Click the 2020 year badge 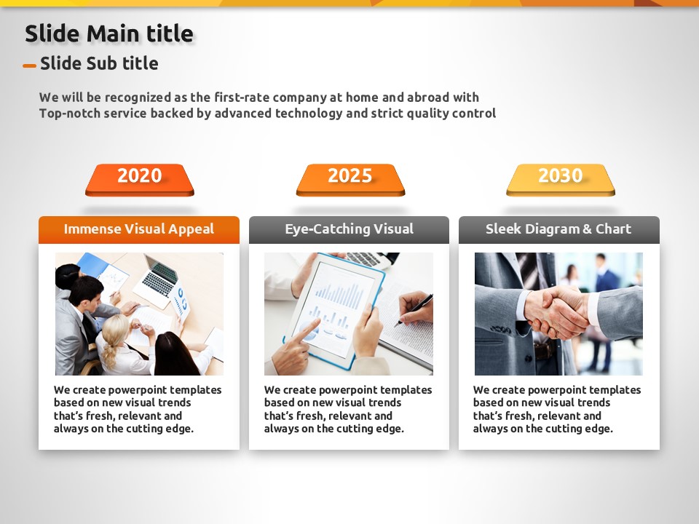click(x=140, y=180)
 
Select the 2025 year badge click(x=350, y=180)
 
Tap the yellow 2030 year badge click(x=561, y=180)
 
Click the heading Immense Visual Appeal click(x=139, y=229)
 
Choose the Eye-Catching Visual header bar click(x=349, y=229)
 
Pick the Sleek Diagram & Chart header click(x=559, y=229)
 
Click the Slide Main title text click(x=109, y=34)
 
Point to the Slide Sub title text click(x=99, y=63)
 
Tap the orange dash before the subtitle click(x=29, y=66)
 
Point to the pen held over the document click(x=414, y=309)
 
